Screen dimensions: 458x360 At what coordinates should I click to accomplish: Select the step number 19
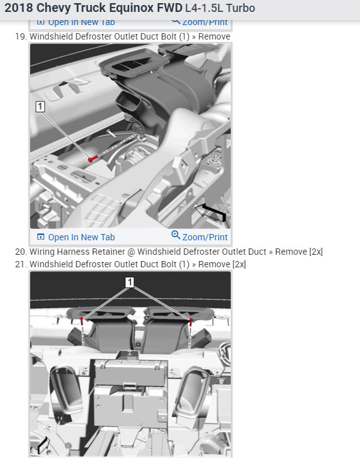click(x=20, y=36)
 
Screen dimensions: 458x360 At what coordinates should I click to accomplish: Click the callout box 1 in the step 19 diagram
click(x=41, y=107)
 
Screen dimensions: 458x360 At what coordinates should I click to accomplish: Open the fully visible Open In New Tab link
click(x=81, y=237)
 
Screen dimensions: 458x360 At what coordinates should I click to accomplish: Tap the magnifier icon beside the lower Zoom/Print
click(x=176, y=236)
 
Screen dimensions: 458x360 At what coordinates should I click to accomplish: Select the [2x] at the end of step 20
click(x=315, y=252)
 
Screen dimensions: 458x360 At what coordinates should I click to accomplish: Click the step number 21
click(x=20, y=264)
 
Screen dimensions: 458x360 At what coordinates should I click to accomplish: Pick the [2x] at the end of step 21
click(x=239, y=264)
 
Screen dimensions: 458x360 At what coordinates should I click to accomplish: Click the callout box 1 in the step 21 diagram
click(x=130, y=283)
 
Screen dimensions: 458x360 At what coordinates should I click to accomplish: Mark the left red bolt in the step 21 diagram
click(x=83, y=322)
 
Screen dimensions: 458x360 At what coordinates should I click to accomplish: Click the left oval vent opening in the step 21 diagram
click(x=66, y=385)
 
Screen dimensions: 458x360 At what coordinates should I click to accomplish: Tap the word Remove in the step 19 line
click(x=215, y=36)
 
